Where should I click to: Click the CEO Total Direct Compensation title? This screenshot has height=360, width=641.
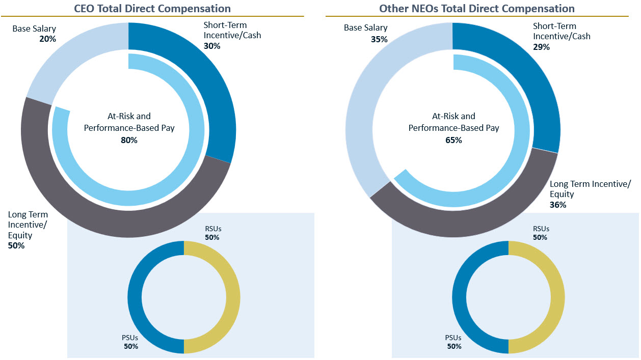click(152, 8)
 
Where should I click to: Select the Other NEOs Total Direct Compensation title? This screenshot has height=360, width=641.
click(476, 8)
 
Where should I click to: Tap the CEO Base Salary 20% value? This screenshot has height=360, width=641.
click(47, 38)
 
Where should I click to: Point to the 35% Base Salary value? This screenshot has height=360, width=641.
click(379, 39)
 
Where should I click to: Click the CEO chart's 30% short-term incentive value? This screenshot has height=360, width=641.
click(212, 46)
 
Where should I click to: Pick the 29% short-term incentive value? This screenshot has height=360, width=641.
click(541, 47)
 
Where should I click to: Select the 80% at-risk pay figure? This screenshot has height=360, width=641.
click(129, 140)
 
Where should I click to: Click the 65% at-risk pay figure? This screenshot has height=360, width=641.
click(453, 140)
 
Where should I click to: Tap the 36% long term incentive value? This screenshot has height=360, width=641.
click(558, 205)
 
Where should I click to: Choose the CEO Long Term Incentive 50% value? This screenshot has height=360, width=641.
click(16, 245)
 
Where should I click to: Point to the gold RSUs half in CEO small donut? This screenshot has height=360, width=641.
click(232, 297)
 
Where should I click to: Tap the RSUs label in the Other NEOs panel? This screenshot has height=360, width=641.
click(541, 229)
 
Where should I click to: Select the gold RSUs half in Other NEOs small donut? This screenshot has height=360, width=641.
click(557, 297)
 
